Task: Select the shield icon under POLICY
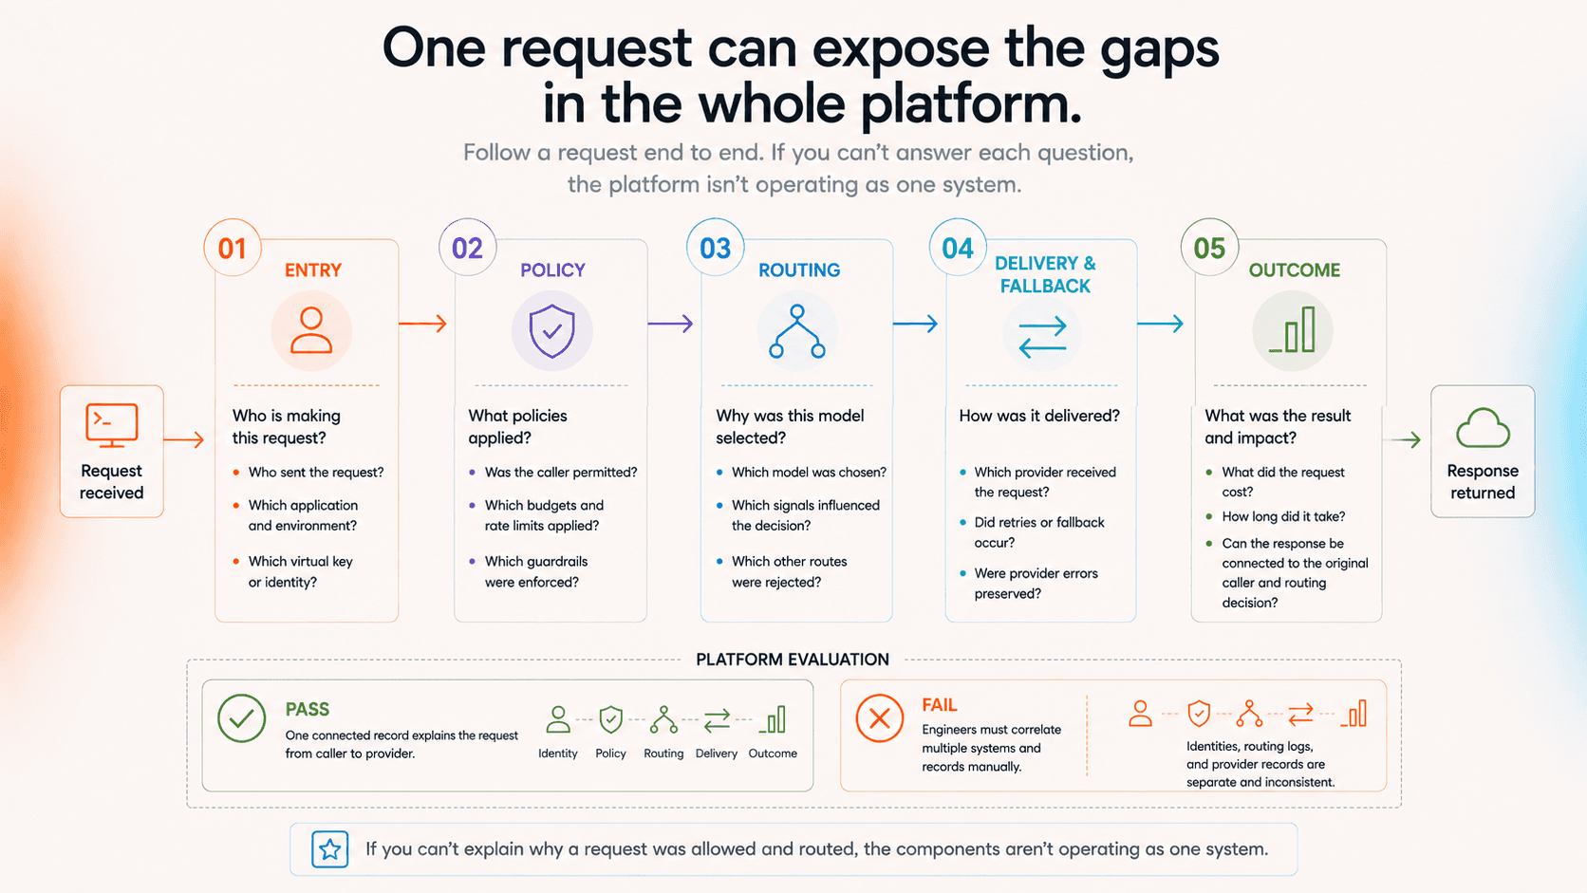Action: pyautogui.click(x=551, y=330)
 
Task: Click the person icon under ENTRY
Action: pyautogui.click(x=311, y=330)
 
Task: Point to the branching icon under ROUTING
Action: pyautogui.click(x=797, y=331)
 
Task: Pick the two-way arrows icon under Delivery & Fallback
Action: pyautogui.click(x=1042, y=336)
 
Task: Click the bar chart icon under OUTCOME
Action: pyautogui.click(x=1292, y=329)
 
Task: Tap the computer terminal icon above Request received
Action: pyautogui.click(x=111, y=425)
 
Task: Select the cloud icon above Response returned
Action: pyautogui.click(x=1483, y=428)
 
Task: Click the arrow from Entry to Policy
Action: pyautogui.click(x=423, y=324)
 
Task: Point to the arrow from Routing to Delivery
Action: pyautogui.click(x=915, y=324)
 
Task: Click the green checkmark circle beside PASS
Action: pyautogui.click(x=242, y=718)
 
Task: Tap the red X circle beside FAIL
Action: pyautogui.click(x=879, y=718)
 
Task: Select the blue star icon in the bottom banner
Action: pyautogui.click(x=330, y=849)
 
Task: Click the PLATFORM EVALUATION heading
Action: pyautogui.click(x=793, y=660)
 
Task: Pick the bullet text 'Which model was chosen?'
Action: pyautogui.click(x=809, y=473)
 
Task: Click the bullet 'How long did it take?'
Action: pyautogui.click(x=1283, y=517)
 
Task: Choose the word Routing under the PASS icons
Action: pyautogui.click(x=663, y=753)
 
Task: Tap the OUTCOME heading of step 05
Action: pyautogui.click(x=1295, y=270)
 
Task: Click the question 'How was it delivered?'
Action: pyautogui.click(x=1039, y=416)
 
